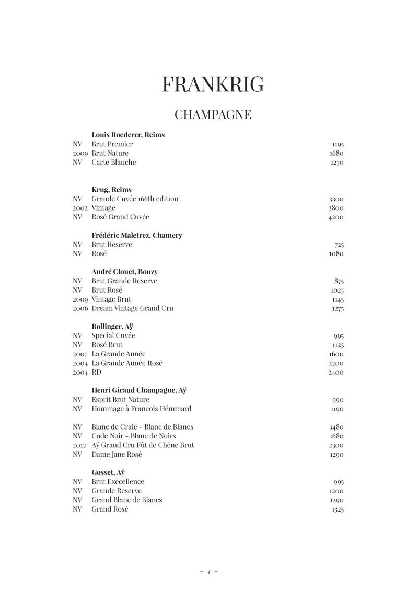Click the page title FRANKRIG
[x=213, y=84]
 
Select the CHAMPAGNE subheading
[x=213, y=114]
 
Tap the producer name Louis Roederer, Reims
[x=128, y=135]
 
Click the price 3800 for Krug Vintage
[x=336, y=208]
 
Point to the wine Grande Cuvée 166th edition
[x=135, y=199]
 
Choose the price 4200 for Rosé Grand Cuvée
[x=336, y=217]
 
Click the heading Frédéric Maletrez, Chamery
[x=137, y=236]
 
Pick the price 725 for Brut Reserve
[x=339, y=245]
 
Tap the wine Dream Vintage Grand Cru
[x=132, y=309]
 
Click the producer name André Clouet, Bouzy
[x=124, y=272]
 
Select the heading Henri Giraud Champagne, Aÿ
[x=139, y=390]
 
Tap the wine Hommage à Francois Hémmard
[x=141, y=409]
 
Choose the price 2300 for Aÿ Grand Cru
[x=336, y=446]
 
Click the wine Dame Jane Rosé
[x=117, y=455]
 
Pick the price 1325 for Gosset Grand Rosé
[x=337, y=510]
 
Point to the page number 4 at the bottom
[x=208, y=572]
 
